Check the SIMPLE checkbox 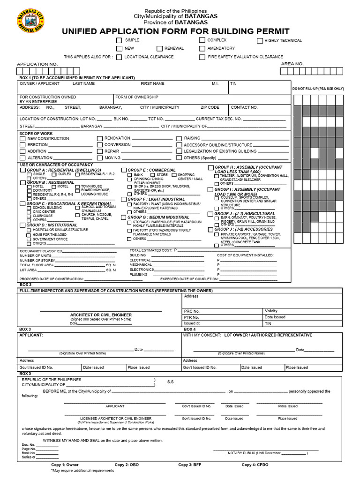pyautogui.click(x=119, y=41)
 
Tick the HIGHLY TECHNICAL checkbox pyautogui.click(x=260, y=41)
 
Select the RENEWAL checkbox pyautogui.click(x=160, y=48)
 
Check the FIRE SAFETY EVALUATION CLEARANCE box pyautogui.click(x=202, y=57)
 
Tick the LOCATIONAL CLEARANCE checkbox pyautogui.click(x=119, y=57)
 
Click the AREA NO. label pyautogui.click(x=292, y=64)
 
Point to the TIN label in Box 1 pyautogui.click(x=233, y=84)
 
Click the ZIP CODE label pyautogui.click(x=210, y=107)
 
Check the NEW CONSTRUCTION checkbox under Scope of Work pyautogui.click(x=22, y=139)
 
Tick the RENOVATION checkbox pyautogui.click(x=99, y=139)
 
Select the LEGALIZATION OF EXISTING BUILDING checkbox pyautogui.click(x=179, y=152)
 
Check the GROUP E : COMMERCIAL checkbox pyautogui.click(x=124, y=170)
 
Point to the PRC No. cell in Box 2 pyautogui.click(x=192, y=311)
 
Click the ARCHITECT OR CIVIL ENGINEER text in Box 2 pyautogui.click(x=101, y=315)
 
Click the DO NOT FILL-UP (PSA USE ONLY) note pyautogui.click(x=318, y=89)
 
